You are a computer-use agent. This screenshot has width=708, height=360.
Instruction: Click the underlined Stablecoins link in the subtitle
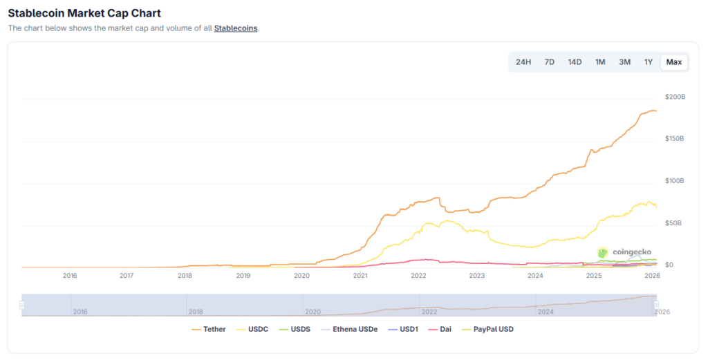point(235,28)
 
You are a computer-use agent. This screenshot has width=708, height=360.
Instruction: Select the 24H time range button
point(523,62)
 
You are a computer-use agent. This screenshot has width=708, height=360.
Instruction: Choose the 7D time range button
point(549,62)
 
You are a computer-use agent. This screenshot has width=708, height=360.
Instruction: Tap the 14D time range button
point(575,62)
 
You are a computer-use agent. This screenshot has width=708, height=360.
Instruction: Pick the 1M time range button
point(600,62)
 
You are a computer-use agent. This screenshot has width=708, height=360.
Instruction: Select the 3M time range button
point(624,62)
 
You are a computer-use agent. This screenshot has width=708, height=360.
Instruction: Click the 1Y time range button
point(649,62)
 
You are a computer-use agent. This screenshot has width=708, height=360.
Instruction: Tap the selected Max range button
point(674,62)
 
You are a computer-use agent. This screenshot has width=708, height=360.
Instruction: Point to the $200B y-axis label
point(675,97)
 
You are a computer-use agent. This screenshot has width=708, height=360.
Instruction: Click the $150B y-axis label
point(675,139)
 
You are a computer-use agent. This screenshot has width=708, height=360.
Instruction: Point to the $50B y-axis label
point(673,223)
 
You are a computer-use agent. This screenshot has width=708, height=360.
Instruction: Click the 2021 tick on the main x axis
point(360,276)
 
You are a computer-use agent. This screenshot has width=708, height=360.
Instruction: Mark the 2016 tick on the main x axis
point(70,276)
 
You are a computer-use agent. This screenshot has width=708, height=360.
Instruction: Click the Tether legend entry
point(209,330)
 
